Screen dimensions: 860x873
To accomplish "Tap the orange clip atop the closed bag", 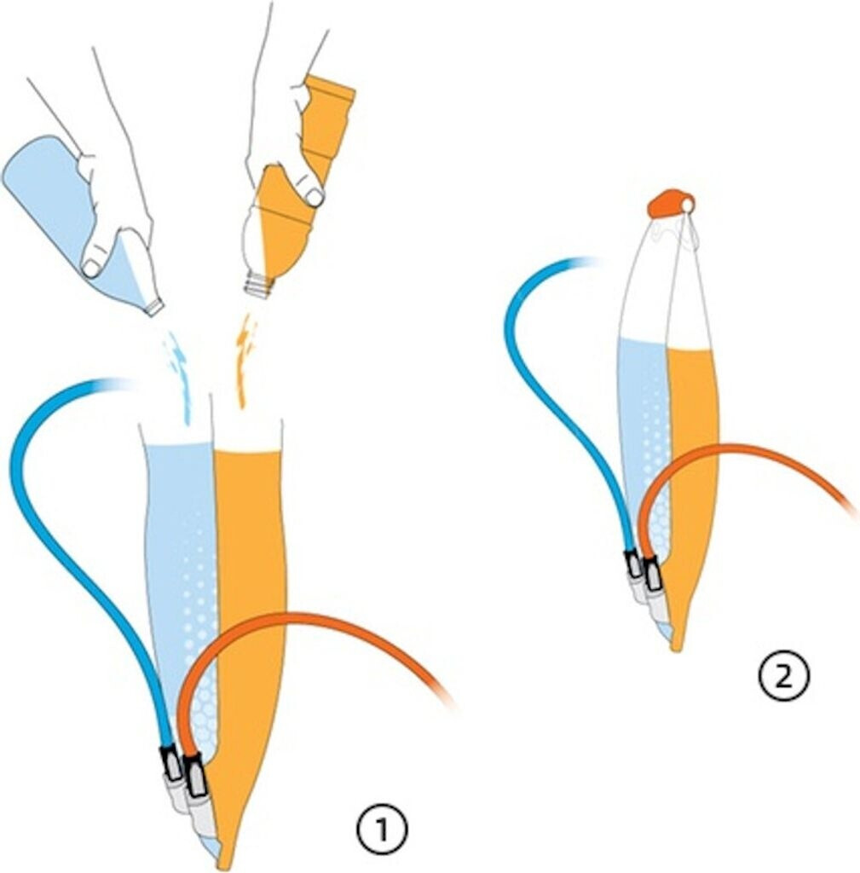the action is (670, 203).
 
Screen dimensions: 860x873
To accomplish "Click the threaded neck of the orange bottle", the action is (258, 285).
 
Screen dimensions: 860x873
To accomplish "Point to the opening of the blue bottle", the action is (155, 306).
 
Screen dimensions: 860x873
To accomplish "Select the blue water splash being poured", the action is (181, 375).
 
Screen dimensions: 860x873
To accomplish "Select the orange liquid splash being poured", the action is (245, 358).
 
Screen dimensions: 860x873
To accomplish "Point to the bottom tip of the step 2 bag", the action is (675, 645).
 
